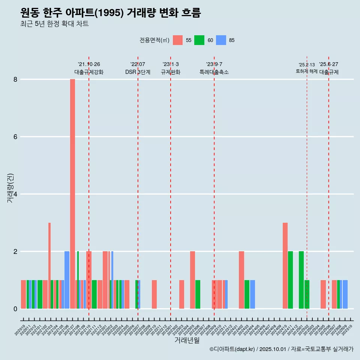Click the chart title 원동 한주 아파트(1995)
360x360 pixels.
coord(111,13)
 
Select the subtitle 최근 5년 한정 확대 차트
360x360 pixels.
coord(54,24)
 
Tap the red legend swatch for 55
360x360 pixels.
coord(178,40)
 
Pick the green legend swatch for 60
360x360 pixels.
coord(199,40)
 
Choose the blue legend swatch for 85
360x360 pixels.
coord(221,40)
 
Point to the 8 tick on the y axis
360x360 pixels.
coord(16,79)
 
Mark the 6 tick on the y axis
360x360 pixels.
coord(16,137)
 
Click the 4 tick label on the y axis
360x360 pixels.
coord(16,194)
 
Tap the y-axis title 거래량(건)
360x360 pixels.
coord(10,188)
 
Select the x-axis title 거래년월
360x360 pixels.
coord(187,340)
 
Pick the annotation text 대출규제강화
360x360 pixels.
coord(89,72)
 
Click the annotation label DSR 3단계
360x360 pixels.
coord(138,72)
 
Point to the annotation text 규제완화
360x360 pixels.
coord(171,72)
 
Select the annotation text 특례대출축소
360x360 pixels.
coord(214,72)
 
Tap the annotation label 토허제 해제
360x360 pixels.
coord(306,71)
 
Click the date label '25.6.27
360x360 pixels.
coord(328,64)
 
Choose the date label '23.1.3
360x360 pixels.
coord(171,64)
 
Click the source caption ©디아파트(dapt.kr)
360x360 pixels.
coord(232,349)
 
